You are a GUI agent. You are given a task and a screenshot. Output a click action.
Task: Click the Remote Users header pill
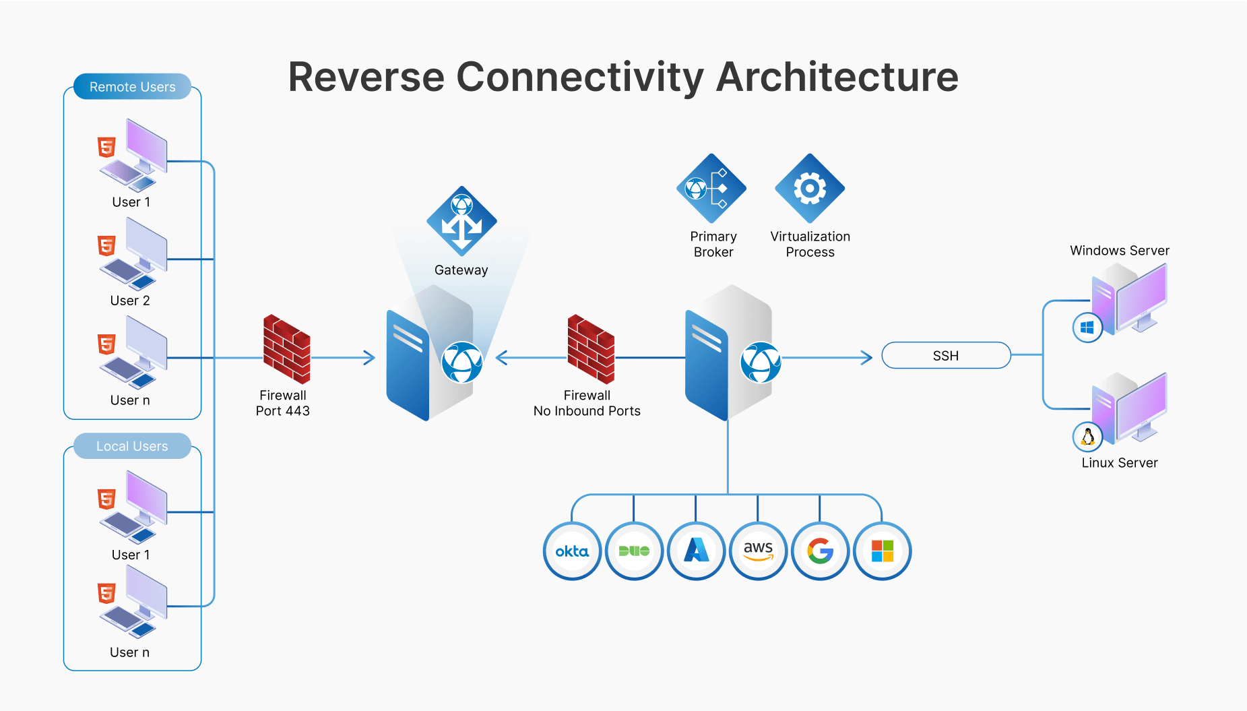point(132,87)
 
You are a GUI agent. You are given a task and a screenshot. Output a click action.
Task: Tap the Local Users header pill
point(132,446)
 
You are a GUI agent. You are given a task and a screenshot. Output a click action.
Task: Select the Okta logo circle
point(572,551)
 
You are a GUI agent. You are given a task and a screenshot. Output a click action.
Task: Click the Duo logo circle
point(634,551)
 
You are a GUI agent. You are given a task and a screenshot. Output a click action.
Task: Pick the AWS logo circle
point(758,551)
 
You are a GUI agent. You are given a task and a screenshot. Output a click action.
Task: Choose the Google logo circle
point(820,551)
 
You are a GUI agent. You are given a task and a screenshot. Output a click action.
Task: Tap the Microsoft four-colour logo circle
point(882,551)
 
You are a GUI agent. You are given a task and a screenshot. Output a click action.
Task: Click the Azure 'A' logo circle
point(696,551)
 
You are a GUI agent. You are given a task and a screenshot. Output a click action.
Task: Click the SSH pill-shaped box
point(946,356)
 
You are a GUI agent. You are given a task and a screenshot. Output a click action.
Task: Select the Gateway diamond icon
point(461,221)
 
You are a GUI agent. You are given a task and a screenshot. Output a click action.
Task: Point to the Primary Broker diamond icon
point(711,189)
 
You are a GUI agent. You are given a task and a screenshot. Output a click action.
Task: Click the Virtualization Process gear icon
point(810,189)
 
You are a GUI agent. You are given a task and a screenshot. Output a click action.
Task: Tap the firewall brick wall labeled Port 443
point(286,349)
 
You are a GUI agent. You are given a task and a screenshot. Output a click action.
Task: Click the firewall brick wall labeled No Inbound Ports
point(591,349)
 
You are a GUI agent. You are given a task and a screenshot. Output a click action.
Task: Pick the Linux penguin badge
point(1087,437)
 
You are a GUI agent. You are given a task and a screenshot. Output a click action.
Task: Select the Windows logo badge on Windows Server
point(1087,328)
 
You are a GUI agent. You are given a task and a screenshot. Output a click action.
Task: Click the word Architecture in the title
point(837,77)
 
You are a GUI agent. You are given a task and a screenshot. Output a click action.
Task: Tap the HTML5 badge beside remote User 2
point(106,245)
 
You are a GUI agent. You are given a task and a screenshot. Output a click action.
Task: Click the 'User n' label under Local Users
point(129,652)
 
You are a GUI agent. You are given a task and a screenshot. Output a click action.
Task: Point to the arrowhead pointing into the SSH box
point(868,357)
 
